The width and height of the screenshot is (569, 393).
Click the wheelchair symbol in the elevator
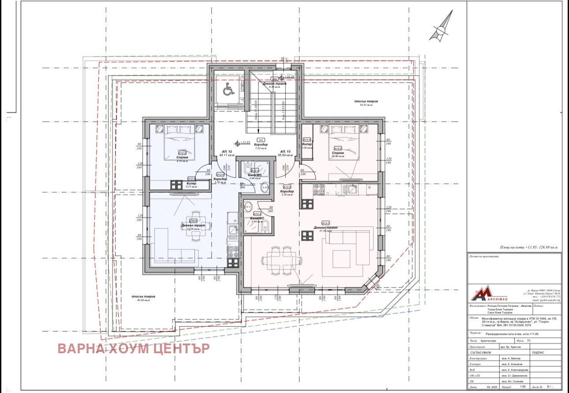228,91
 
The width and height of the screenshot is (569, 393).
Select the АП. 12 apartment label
227,152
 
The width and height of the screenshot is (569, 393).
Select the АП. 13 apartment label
285,152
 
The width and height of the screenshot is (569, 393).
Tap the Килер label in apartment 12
191,183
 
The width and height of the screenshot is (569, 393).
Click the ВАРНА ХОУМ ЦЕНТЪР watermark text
134,348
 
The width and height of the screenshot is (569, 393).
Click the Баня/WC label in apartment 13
257,218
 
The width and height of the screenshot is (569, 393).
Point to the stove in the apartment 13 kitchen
318,189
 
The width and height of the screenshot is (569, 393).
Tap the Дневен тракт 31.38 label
326,228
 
